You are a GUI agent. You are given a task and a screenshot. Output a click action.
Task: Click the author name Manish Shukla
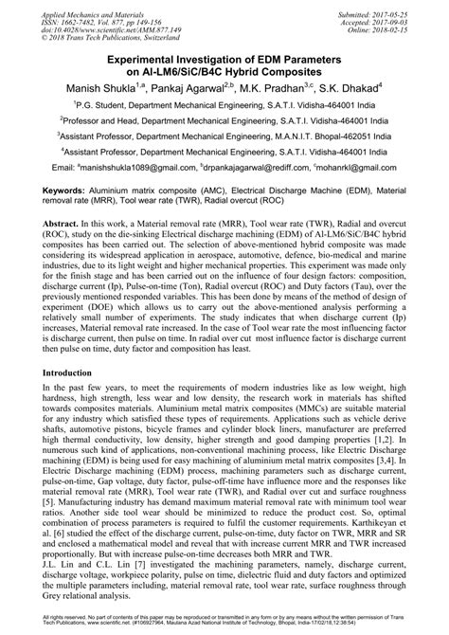[106, 89]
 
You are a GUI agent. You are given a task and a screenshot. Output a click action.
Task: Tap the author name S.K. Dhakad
[352, 89]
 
